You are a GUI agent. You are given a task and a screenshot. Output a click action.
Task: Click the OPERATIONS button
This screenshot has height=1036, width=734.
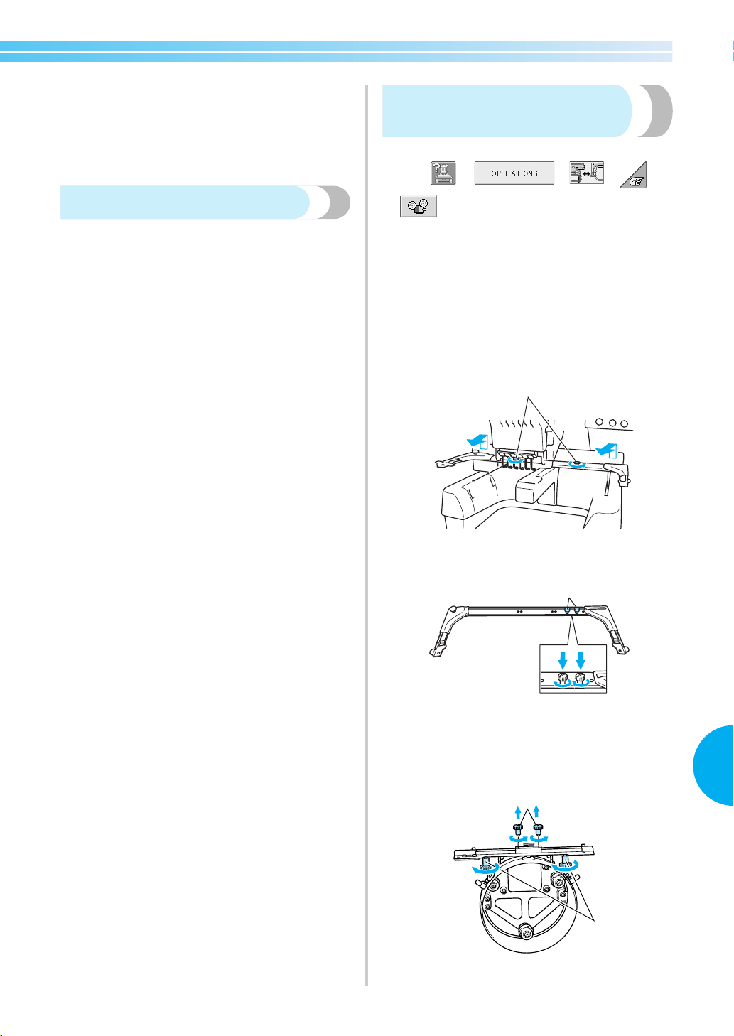click(514, 173)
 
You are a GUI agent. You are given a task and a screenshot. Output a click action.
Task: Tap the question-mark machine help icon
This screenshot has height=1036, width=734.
click(443, 173)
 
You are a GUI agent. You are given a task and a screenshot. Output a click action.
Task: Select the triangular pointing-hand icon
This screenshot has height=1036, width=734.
click(633, 175)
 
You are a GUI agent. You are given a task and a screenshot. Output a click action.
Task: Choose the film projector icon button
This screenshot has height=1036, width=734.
click(418, 206)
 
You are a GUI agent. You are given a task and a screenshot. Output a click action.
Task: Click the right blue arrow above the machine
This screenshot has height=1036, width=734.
click(606, 449)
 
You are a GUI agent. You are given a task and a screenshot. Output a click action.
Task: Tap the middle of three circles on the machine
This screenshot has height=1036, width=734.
click(612, 422)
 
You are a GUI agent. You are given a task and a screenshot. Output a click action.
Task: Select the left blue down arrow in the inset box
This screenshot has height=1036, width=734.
click(563, 660)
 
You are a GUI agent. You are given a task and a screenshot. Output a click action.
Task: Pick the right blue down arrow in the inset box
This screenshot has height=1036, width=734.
click(581, 660)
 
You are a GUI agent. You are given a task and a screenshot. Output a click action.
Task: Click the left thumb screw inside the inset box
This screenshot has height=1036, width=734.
click(563, 679)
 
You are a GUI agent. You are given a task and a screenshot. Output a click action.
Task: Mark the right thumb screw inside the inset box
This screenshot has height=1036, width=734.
click(580, 679)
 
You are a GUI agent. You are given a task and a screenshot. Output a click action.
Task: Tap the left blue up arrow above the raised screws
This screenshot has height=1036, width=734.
click(518, 813)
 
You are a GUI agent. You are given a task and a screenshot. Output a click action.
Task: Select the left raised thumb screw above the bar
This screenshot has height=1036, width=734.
click(517, 829)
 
